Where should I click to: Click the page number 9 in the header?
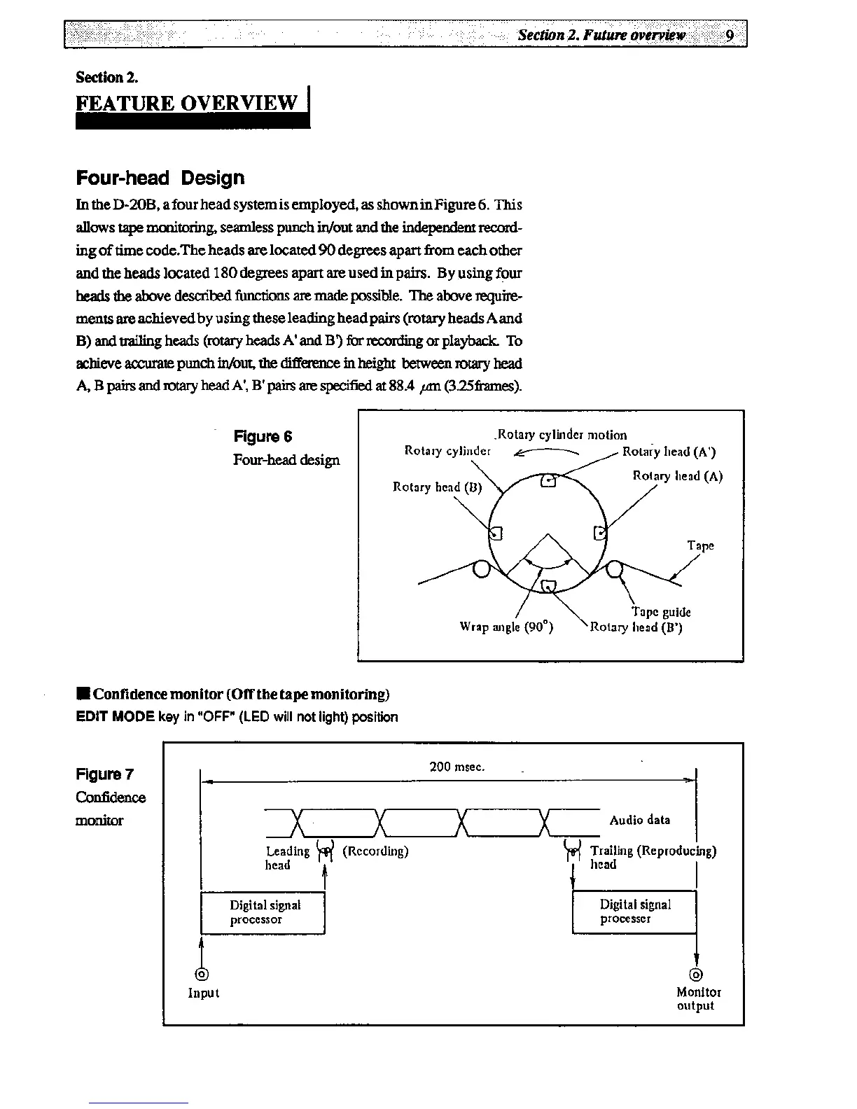click(730, 35)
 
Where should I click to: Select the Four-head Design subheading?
click(160, 178)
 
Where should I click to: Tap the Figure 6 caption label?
click(263, 437)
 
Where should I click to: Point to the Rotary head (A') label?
click(669, 452)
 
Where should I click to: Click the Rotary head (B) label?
click(438, 487)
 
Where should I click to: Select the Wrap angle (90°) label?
click(506, 627)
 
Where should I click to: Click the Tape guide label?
click(661, 612)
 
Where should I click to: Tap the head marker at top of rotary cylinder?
click(549, 481)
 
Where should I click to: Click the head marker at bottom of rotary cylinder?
click(549, 585)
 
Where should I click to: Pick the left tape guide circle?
click(481, 569)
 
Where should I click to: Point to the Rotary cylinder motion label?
click(562, 435)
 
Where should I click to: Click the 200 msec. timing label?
click(457, 767)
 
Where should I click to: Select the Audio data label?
click(639, 820)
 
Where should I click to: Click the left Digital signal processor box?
click(263, 912)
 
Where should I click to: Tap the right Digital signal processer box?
click(634, 912)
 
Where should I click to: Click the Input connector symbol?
click(202, 974)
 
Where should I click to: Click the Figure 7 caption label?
click(104, 774)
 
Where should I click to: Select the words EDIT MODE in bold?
click(115, 717)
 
